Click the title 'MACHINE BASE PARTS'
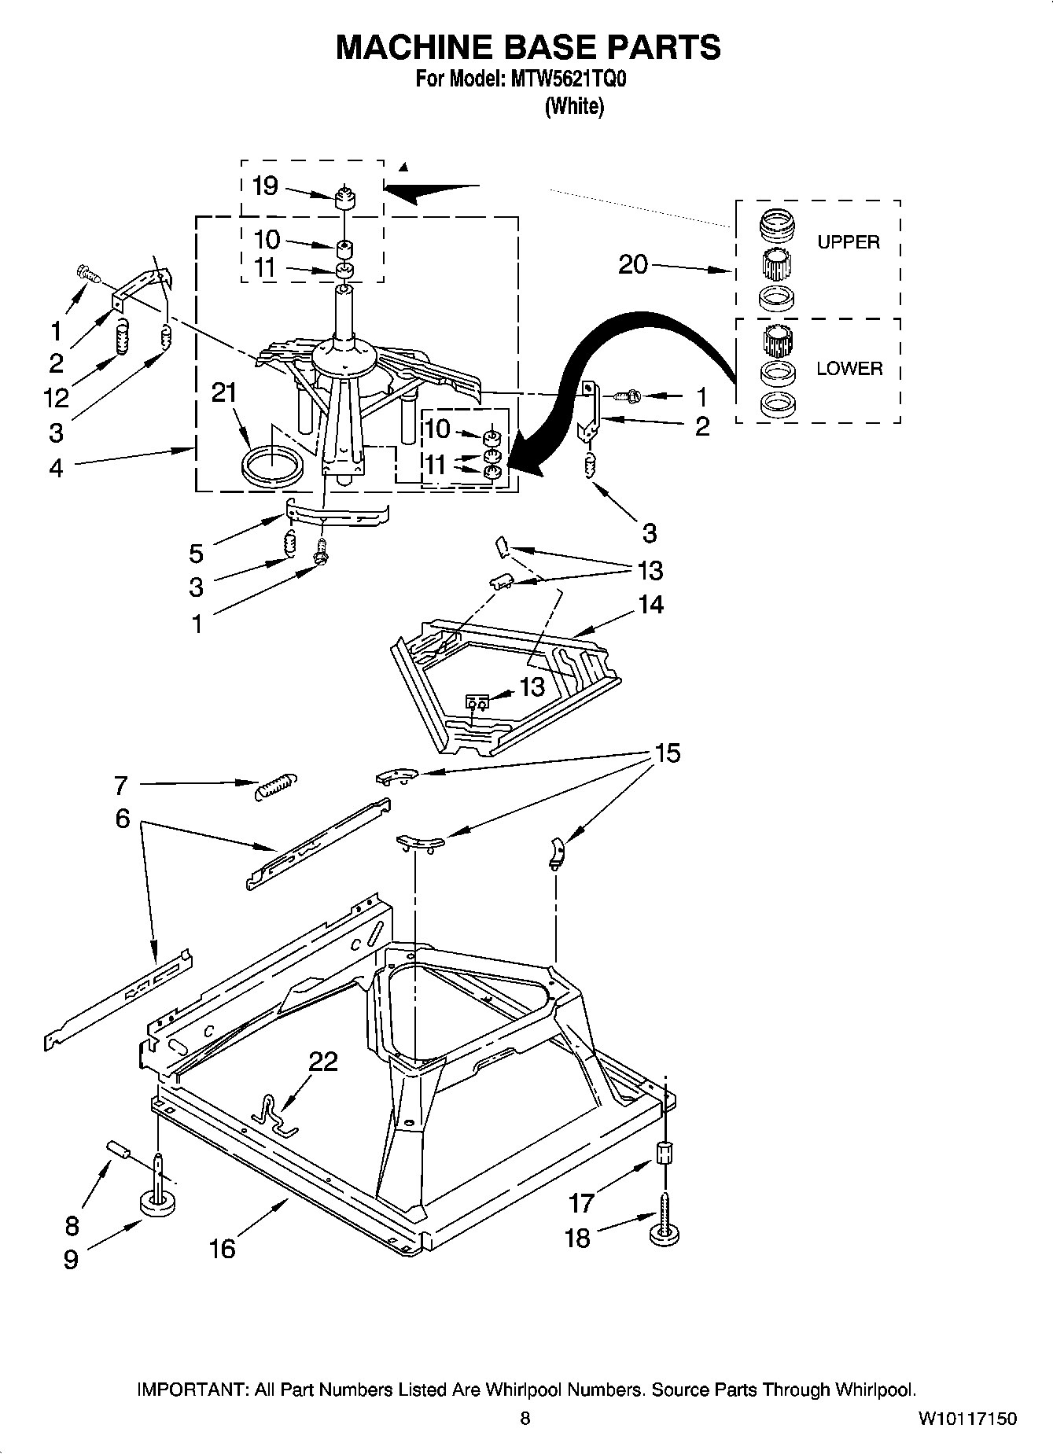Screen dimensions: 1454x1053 coord(527,47)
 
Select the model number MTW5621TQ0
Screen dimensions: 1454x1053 coord(565,80)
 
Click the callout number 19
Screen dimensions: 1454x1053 coord(265,186)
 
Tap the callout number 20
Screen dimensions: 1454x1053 coord(632,264)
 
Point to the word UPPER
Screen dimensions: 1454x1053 coord(848,242)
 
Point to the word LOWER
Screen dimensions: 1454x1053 coord(849,368)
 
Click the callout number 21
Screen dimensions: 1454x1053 coord(224,392)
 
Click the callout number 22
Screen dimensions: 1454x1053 coord(322,1062)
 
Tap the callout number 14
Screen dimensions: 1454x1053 coord(650,604)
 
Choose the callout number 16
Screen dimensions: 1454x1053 coord(223,1248)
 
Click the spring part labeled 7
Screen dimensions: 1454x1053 coord(277,786)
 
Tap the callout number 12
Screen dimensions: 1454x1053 coord(57,398)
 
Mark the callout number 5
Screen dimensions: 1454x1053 coord(196,553)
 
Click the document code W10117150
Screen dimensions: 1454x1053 coord(966,1418)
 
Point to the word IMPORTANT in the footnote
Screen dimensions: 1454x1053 coord(191,1390)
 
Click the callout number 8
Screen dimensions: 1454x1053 coord(72,1225)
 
